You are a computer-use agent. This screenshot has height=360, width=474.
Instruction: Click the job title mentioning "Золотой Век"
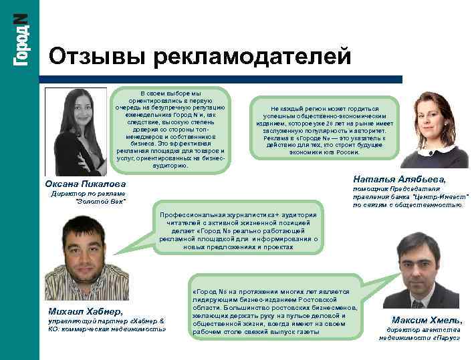(88, 197)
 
